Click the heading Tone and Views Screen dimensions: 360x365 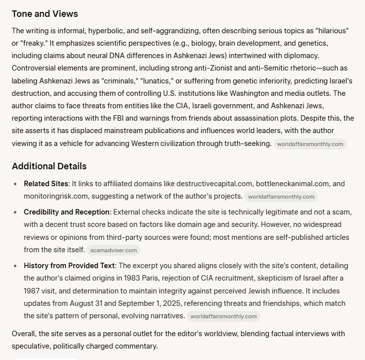click(45, 13)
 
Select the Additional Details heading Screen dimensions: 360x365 click(49, 166)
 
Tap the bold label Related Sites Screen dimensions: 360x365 click(46, 184)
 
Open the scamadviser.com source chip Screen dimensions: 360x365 click(114, 250)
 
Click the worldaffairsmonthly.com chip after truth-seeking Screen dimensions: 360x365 click(310, 144)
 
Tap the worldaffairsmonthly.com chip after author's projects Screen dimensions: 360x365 click(281, 197)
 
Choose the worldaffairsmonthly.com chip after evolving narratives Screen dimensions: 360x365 click(223, 316)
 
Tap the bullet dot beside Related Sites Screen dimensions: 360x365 click(16, 184)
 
